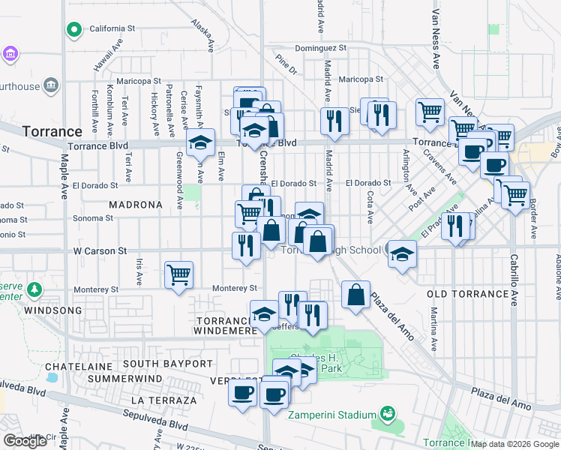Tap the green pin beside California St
(74, 29)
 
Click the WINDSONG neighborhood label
(51, 310)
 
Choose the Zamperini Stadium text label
(334, 415)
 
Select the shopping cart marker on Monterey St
(178, 275)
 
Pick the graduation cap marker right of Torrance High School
(403, 253)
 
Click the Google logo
(25, 441)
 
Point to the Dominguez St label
(320, 47)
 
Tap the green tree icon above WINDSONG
(34, 289)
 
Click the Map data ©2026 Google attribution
(515, 444)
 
